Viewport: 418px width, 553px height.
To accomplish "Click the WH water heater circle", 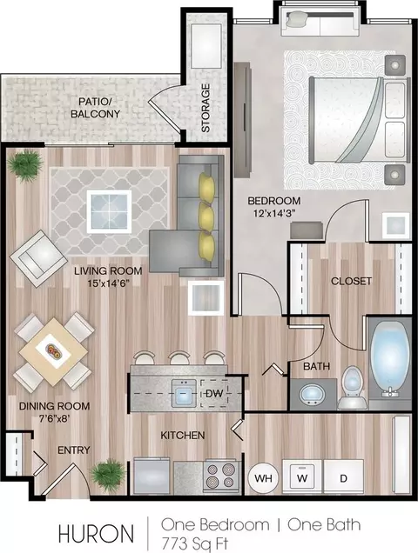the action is [x=263, y=478].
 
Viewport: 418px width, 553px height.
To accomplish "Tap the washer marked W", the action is [x=302, y=477].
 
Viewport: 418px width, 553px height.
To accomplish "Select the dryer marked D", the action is [x=343, y=477].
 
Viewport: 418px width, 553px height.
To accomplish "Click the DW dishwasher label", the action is [x=214, y=392].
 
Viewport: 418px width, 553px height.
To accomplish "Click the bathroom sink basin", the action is [x=313, y=395].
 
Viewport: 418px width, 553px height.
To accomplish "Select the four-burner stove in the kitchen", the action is [x=221, y=476].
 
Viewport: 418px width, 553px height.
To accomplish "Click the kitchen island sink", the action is [x=184, y=392].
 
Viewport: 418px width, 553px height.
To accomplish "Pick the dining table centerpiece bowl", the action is [x=54, y=351].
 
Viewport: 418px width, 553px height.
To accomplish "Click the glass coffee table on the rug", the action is [x=109, y=211].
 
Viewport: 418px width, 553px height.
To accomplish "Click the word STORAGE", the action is [x=206, y=108].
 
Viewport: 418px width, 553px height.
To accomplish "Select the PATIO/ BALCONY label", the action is [x=95, y=108].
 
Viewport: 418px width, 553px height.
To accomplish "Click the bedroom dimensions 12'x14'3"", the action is [x=274, y=213].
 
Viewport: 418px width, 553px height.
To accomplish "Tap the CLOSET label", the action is [x=351, y=281].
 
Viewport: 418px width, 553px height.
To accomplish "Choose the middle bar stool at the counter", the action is [x=180, y=357].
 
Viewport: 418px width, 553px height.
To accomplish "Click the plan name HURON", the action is [x=96, y=534].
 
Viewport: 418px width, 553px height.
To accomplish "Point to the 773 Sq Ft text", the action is [x=195, y=543].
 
